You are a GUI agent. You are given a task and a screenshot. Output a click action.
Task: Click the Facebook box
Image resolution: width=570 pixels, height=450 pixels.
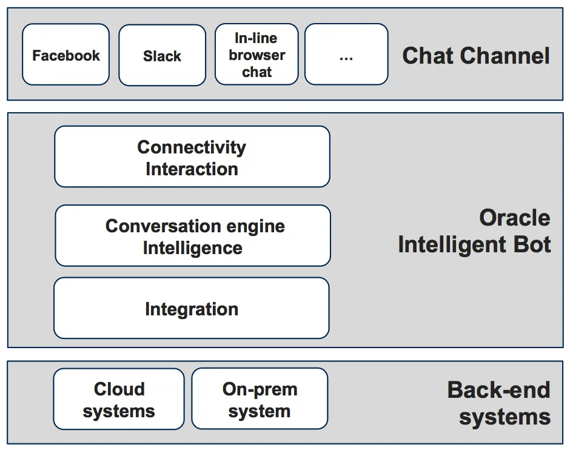coord(66,55)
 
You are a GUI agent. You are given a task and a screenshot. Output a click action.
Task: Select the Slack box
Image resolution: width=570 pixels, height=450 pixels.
coord(162,55)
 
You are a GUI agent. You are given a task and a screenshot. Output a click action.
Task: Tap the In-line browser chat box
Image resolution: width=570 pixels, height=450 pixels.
coord(256,55)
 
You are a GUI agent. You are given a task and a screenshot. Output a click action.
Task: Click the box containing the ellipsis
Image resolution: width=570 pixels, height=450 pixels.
coord(346,55)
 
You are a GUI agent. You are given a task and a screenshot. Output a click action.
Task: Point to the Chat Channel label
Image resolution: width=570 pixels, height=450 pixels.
coord(476,56)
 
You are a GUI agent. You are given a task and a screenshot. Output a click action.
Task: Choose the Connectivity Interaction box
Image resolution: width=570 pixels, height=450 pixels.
coord(192,156)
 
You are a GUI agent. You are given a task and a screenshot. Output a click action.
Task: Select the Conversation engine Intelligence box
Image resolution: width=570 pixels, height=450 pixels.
coord(193,235)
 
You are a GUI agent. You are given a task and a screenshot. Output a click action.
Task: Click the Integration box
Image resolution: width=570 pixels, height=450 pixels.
coord(192,308)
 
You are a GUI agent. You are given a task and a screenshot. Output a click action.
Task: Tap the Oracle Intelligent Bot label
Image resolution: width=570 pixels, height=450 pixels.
coord(474,231)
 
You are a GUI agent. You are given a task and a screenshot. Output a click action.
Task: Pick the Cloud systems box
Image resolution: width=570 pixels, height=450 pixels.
coord(119,399)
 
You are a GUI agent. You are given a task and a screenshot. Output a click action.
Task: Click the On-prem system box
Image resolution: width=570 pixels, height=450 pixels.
coord(260,398)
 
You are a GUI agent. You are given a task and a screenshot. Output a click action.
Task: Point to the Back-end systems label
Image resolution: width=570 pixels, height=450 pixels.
coord(498,403)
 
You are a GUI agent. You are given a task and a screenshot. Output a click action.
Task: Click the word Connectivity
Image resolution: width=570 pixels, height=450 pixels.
coord(192,147)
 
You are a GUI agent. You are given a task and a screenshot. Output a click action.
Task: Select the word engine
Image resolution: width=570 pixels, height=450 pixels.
coord(255,227)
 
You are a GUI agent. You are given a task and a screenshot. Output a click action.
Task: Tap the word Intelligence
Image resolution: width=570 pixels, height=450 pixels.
coord(193,248)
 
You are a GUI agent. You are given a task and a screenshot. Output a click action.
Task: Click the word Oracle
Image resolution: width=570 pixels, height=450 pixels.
coord(515,218)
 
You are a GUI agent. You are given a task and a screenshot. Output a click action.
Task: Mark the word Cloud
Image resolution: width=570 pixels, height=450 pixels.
coord(119,389)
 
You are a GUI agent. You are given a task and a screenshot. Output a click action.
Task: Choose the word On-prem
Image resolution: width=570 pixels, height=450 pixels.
coord(260,390)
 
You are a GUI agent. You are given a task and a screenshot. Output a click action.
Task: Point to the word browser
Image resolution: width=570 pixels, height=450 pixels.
coord(257,55)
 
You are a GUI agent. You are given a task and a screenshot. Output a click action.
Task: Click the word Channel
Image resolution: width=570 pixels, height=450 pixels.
coord(506,56)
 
